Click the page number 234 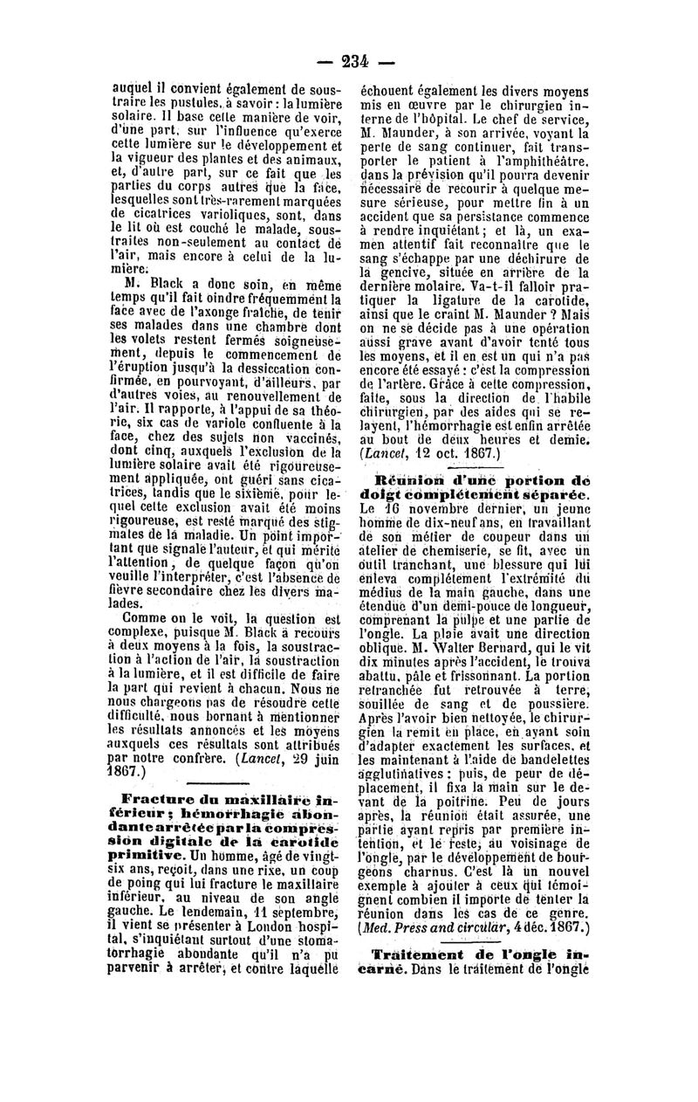click(x=356, y=60)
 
